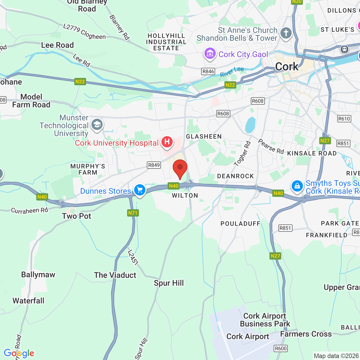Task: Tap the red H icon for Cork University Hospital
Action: [167, 142]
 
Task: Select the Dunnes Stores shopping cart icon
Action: [139, 190]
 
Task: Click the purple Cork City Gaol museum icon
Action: [210, 53]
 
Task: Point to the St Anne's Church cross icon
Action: [286, 33]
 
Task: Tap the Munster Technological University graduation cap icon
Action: [97, 124]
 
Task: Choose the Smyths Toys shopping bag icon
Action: [297, 186]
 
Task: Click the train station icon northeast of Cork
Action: [345, 49]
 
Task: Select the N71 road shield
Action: [133, 213]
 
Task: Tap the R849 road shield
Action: [154, 165]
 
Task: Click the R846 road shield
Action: [208, 71]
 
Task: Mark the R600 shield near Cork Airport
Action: [281, 348]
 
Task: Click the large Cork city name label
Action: [287, 67]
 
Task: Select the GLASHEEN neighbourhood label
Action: [204, 137]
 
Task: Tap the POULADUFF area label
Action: [240, 224]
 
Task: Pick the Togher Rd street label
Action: [242, 154]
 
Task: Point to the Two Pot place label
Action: [76, 216]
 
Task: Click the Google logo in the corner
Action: [19, 353]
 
